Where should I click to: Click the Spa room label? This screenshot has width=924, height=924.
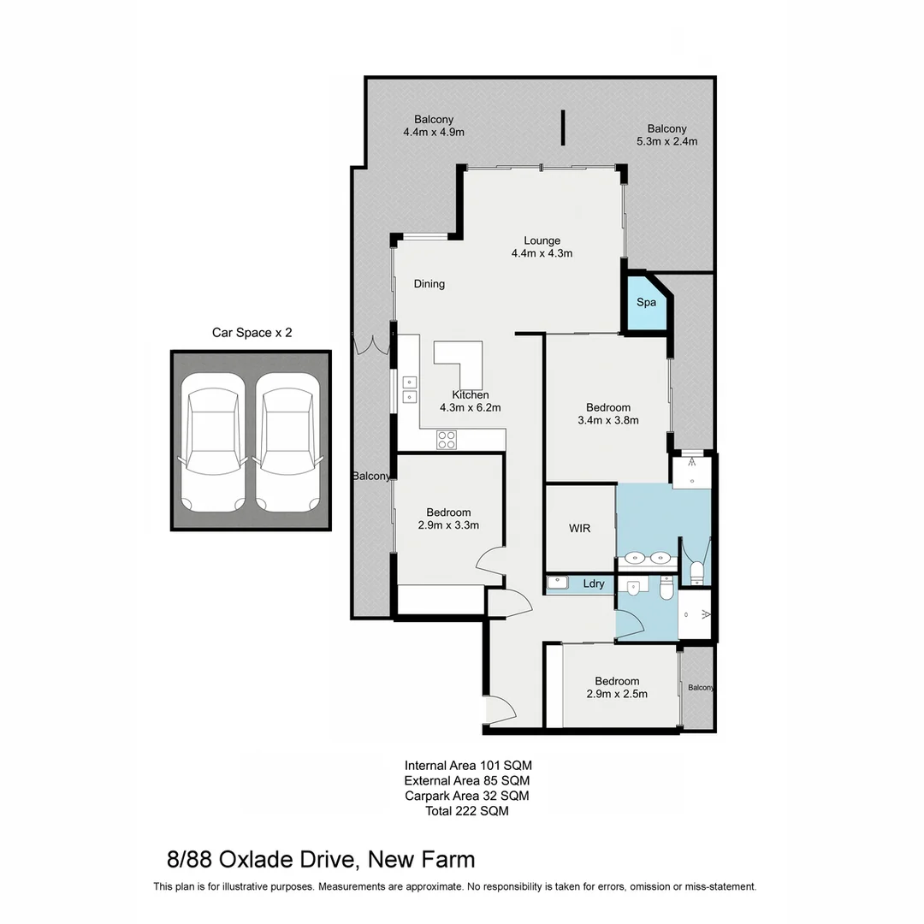[x=646, y=303]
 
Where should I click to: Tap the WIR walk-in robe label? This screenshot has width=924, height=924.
[x=580, y=528]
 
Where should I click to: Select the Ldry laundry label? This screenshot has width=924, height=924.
[x=594, y=584]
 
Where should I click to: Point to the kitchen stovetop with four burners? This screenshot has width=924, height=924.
[x=447, y=440]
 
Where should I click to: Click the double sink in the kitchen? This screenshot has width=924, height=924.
[x=409, y=389]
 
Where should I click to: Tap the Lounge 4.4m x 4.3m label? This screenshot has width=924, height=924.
[x=542, y=246]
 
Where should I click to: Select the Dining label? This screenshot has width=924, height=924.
[x=429, y=284]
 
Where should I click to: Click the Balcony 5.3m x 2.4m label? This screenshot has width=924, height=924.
[x=667, y=134]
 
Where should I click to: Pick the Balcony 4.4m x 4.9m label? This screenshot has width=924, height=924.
[x=434, y=126]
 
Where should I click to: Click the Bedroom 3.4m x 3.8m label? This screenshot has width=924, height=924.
[x=608, y=413]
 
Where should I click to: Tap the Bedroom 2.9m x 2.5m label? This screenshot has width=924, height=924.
[x=617, y=687]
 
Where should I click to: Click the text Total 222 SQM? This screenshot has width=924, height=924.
[x=467, y=811]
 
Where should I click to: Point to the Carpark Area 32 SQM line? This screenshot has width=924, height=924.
[x=467, y=796]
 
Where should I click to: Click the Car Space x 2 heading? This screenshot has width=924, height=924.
[x=252, y=333]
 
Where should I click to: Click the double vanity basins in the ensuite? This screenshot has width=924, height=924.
[x=647, y=560]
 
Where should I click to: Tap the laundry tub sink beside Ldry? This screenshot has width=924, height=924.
[x=558, y=583]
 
